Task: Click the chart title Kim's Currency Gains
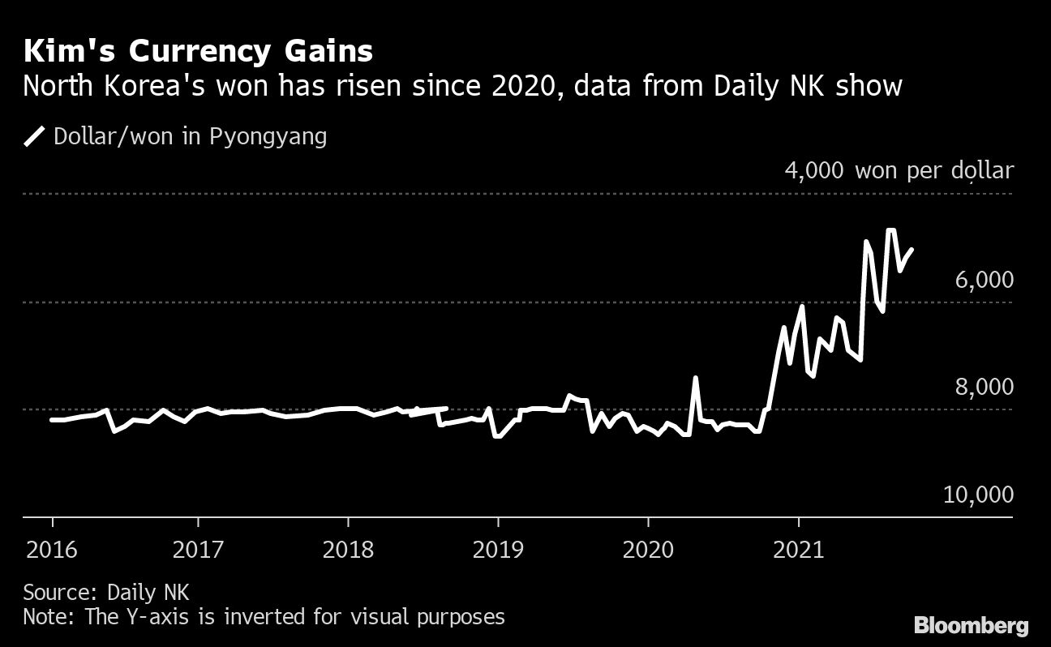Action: coord(198,52)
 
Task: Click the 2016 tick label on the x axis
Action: coord(52,551)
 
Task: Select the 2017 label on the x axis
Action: coord(198,551)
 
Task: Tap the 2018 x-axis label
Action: coord(348,551)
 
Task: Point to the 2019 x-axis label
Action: coord(498,551)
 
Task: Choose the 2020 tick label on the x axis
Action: coord(648,551)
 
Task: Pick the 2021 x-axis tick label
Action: coord(799,551)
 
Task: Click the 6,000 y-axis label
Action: coord(984,280)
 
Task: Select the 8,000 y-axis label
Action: coord(984,387)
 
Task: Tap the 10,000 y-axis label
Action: coord(978,495)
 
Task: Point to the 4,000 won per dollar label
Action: coord(899,171)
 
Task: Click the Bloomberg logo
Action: coord(972,625)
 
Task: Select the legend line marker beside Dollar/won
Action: coord(35,136)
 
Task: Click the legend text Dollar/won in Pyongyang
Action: coord(190,136)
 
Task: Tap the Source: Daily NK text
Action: coord(105,591)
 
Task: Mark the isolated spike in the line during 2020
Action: coord(696,378)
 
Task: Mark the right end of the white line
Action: coord(912,250)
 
